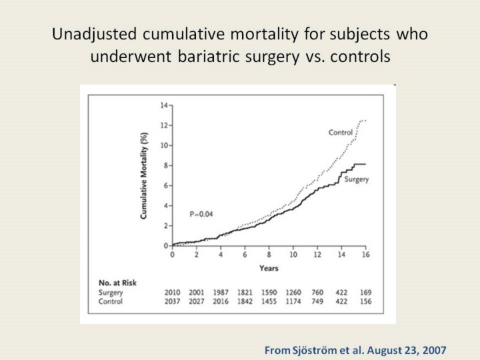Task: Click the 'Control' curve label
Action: click(340, 133)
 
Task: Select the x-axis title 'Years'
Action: click(269, 268)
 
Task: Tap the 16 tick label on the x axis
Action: click(365, 255)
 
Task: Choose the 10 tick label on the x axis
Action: click(293, 255)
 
